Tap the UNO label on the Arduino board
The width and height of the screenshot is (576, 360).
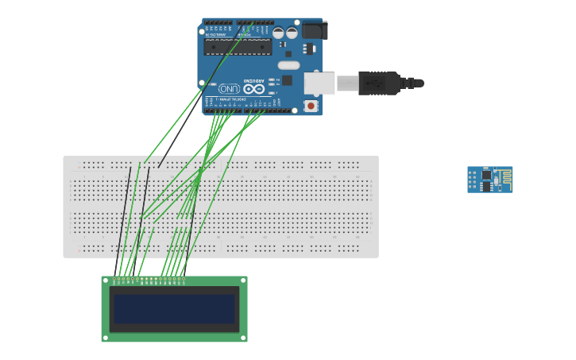(229, 88)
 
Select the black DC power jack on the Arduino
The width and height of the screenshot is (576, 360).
(314, 30)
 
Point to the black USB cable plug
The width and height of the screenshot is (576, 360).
(379, 83)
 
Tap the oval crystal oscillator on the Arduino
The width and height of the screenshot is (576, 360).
(288, 65)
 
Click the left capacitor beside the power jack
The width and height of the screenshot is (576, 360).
(278, 33)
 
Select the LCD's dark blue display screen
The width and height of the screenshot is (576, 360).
(175, 308)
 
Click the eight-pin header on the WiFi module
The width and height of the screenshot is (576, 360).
(472, 180)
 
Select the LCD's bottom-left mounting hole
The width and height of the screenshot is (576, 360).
(106, 338)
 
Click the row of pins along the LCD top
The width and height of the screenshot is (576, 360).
(149, 279)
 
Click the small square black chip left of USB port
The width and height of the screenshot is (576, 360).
(287, 80)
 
